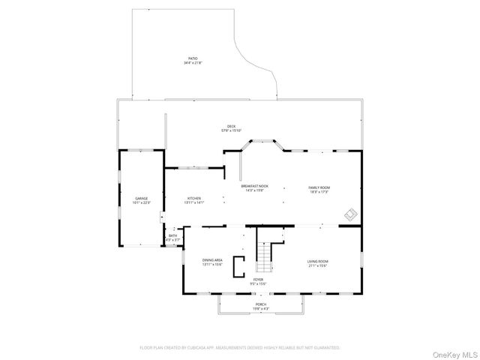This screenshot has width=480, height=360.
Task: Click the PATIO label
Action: coord(193,58)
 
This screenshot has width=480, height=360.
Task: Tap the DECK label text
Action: coord(232,126)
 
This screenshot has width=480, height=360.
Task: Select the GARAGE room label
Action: coord(142,199)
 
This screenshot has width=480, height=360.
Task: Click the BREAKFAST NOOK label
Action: coord(255,186)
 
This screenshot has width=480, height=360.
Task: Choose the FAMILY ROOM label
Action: coord(319,187)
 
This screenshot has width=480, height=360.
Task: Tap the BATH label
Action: coord(173,236)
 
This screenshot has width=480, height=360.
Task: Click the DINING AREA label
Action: coord(212,260)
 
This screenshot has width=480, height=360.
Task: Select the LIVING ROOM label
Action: coord(317,260)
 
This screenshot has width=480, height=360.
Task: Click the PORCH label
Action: coord(260,304)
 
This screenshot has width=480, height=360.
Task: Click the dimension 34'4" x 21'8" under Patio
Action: coord(193,63)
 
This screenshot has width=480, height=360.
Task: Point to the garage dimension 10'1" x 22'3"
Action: coord(142,203)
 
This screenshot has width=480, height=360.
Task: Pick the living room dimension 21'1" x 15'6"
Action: coord(317,265)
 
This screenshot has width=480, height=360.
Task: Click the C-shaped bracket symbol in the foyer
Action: coord(238,265)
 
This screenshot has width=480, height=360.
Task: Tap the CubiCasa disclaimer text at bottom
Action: coord(240,347)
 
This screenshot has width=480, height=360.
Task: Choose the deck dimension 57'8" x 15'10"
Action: coord(232,130)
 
